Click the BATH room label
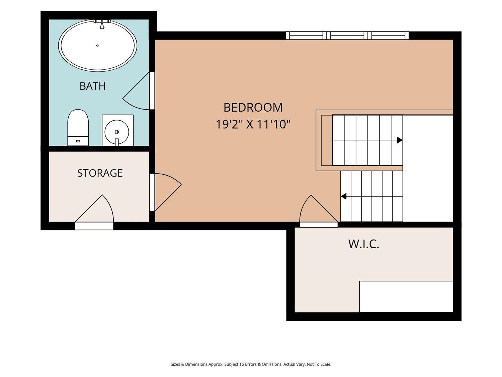tap(93, 86)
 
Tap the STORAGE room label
tap(100, 173)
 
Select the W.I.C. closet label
tap(364, 244)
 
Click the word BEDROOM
tap(253, 108)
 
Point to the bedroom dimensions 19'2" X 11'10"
tap(253, 125)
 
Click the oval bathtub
tap(98, 45)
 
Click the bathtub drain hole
tap(98, 45)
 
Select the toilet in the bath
tap(78, 127)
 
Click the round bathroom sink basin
tap(117, 132)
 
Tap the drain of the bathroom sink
tap(117, 132)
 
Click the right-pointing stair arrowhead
tap(400, 140)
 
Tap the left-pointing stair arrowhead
tap(343, 196)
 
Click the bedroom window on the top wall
tap(347, 36)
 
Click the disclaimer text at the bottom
tap(251, 364)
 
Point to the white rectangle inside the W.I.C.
tap(406, 297)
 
